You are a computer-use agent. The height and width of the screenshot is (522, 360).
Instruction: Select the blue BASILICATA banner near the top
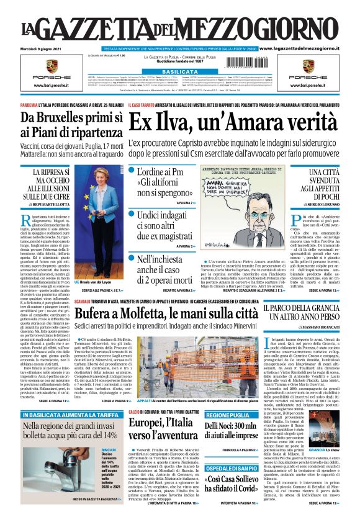[x=179, y=72]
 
